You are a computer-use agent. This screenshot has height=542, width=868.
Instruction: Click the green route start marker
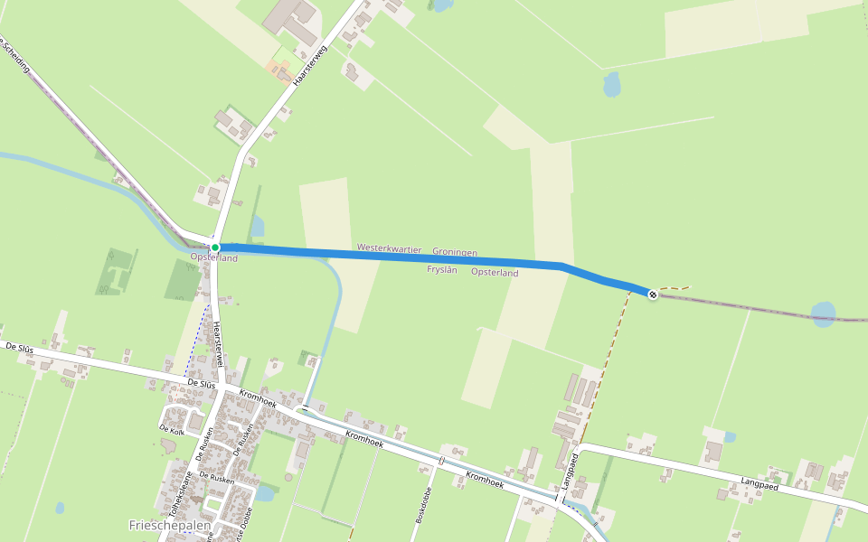(x=215, y=247)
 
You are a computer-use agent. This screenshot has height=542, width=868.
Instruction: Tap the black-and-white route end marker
(x=653, y=294)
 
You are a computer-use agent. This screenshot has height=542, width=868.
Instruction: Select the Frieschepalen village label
(x=170, y=524)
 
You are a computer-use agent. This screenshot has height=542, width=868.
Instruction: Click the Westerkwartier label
(x=389, y=248)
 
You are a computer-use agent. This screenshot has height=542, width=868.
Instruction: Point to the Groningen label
(x=454, y=252)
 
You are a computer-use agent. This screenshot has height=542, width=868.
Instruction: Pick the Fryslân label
(x=441, y=269)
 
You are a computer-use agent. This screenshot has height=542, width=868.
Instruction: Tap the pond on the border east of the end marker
(x=823, y=313)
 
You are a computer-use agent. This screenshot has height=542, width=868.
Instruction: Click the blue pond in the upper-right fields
(x=612, y=85)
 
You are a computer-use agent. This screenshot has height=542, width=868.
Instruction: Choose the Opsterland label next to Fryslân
(x=495, y=272)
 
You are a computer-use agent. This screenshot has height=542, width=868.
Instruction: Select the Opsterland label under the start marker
(x=213, y=258)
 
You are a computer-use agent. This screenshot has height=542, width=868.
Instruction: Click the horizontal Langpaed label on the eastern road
(x=759, y=484)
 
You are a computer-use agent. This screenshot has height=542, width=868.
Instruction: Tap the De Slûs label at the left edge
(x=19, y=347)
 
